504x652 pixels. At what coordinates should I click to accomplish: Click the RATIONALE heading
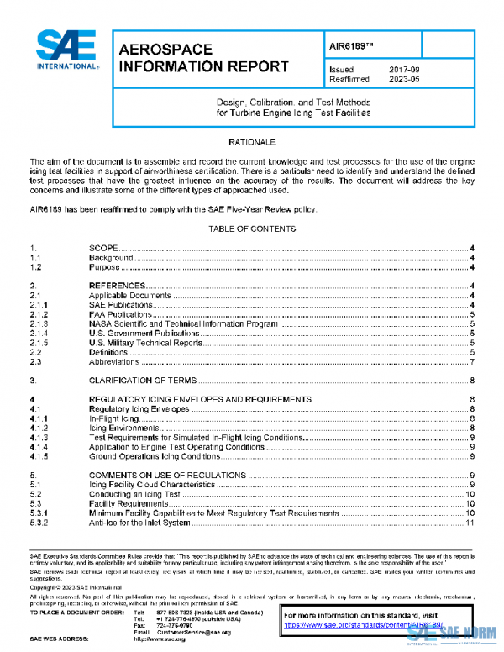pyautogui.click(x=252, y=143)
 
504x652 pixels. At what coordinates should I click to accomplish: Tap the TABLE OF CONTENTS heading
pyautogui.click(x=252, y=229)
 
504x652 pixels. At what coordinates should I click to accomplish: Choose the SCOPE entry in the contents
pyautogui.click(x=107, y=247)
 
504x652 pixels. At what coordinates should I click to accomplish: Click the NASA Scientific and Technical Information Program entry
pyautogui.click(x=183, y=323)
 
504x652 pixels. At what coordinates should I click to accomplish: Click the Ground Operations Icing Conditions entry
pyautogui.click(x=155, y=456)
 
